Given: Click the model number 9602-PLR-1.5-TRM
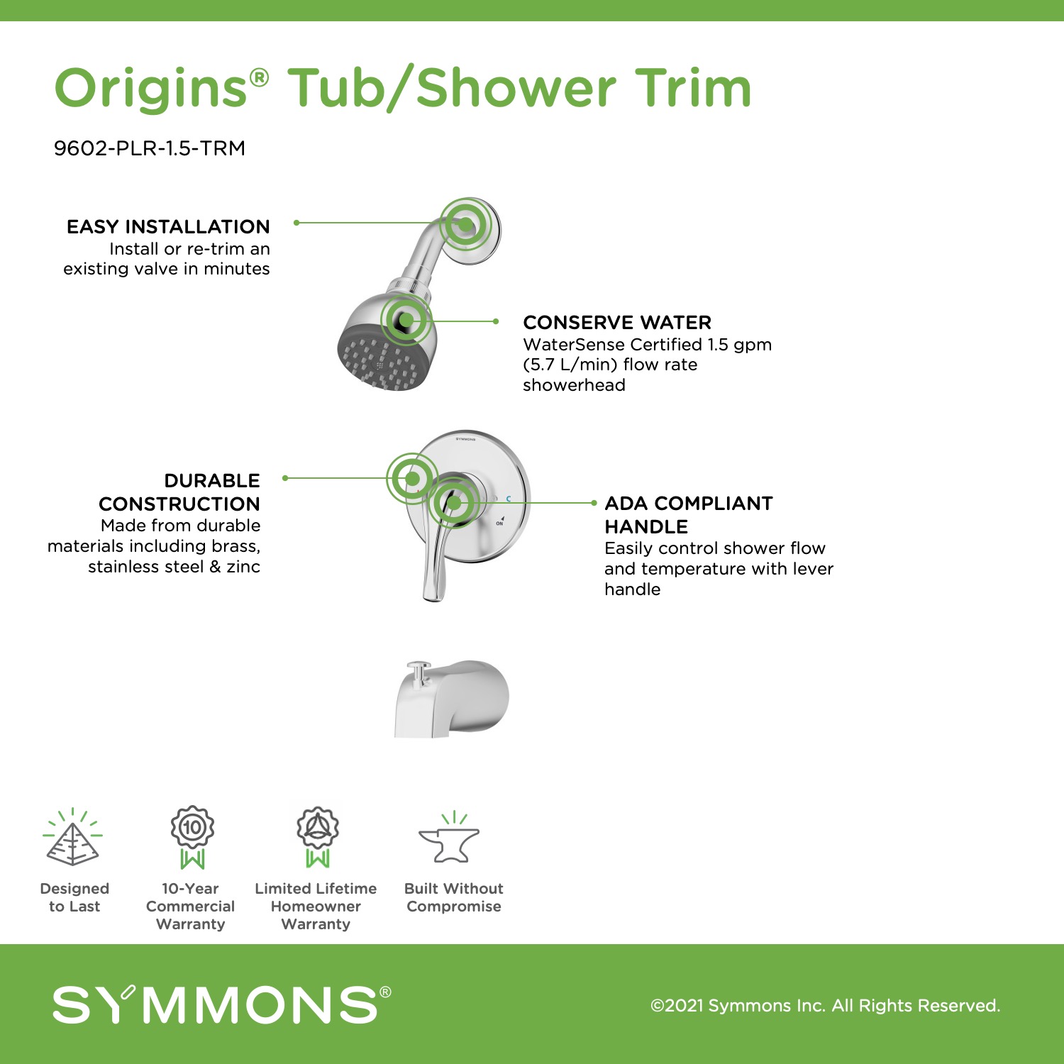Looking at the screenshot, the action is coord(150,148).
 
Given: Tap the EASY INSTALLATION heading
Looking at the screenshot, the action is coord(168,227).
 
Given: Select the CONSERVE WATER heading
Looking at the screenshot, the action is coord(617,323).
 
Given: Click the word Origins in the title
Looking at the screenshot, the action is coord(151,89).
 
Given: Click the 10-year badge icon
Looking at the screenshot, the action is coord(192,837).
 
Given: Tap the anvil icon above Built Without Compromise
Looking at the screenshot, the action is coord(449,838).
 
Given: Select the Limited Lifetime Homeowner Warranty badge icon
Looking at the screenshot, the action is coord(318,837).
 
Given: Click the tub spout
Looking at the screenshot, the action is coord(452,699).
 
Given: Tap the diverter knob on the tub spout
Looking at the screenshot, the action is coord(419,670).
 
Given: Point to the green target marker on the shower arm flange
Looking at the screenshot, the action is coord(465,224).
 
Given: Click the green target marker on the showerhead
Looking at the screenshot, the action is coord(406,321).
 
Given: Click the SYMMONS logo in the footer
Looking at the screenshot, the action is coord(222,1004).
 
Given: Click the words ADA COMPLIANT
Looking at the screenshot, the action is coord(689,504).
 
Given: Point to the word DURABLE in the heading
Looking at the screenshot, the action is coord(212,481).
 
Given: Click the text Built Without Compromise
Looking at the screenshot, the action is coord(454,897).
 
